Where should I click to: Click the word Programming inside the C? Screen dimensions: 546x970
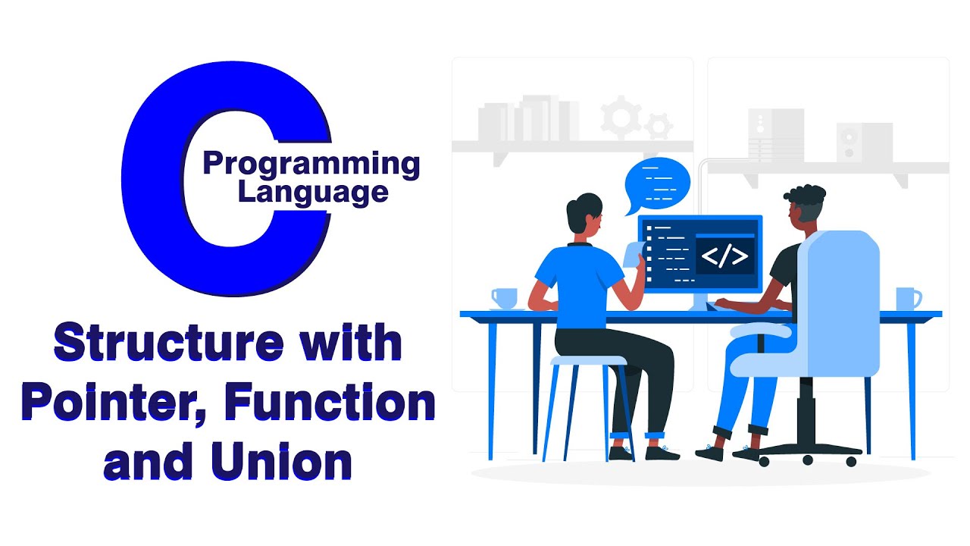point(311,164)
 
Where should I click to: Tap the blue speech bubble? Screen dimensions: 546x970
point(657,184)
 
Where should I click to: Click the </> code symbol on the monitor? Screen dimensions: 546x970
point(724,256)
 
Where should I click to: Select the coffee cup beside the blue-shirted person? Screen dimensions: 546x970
point(503,298)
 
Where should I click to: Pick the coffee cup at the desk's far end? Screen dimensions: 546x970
point(907,298)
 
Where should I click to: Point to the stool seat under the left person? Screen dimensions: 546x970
point(587,361)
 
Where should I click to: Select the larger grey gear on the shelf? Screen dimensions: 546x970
point(620,115)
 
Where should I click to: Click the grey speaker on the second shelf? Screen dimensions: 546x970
point(864,143)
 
